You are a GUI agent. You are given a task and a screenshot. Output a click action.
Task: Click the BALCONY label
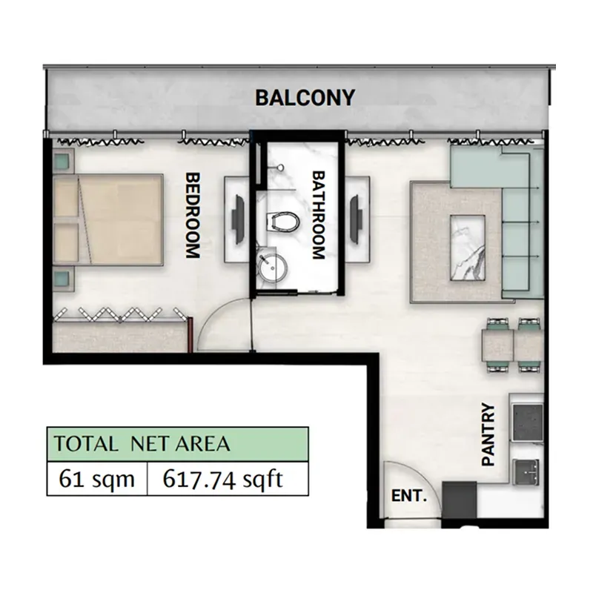305,98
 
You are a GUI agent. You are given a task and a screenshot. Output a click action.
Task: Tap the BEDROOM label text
193,215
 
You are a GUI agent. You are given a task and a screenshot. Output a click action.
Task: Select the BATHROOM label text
319,215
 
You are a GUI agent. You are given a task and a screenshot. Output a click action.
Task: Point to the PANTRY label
488,434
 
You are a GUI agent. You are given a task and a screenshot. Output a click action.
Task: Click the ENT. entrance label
409,495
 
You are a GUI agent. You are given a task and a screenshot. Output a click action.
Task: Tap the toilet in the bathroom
282,221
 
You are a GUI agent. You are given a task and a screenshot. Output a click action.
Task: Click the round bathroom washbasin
272,267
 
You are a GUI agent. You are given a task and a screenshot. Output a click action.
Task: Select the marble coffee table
468,248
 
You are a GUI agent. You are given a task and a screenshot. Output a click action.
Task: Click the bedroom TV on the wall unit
238,219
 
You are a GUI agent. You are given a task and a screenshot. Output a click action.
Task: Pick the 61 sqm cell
97,479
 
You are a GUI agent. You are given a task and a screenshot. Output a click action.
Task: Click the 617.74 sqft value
223,479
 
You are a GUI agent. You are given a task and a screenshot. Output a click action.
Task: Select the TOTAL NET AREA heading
142,444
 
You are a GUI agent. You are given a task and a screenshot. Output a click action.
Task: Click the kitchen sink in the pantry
526,471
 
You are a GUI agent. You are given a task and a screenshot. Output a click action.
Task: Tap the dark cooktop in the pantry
527,422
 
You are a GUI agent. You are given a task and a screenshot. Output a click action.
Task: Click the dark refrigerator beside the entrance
459,500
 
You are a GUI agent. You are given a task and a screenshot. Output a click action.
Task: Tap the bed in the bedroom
108,219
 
